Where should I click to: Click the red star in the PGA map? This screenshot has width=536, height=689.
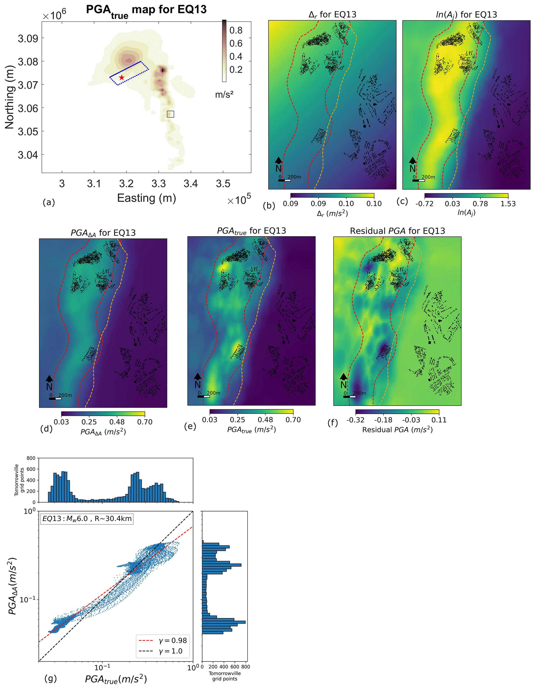[x=122, y=77]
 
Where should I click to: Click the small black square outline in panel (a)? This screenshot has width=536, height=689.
[x=170, y=114]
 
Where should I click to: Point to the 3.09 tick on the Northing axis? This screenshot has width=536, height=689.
[x=28, y=38]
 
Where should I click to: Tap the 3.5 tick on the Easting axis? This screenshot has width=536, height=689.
[x=223, y=184]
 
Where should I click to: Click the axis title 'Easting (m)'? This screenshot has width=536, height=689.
[x=146, y=198]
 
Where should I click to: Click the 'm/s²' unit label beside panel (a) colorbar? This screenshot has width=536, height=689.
[x=224, y=94]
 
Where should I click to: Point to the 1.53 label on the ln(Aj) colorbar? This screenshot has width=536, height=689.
[x=508, y=204]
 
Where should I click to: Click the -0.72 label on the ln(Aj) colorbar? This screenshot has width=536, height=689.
[x=424, y=204]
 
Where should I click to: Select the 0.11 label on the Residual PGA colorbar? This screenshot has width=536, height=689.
[x=439, y=420]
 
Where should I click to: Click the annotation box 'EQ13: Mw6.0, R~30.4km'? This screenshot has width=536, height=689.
[x=87, y=519]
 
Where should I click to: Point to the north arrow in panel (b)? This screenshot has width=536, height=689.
[x=279, y=161]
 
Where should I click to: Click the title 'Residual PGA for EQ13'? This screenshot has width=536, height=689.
[x=397, y=231]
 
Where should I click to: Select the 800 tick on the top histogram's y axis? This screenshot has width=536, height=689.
[x=31, y=458]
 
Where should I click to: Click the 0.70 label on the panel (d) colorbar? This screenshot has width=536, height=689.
[x=145, y=422]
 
